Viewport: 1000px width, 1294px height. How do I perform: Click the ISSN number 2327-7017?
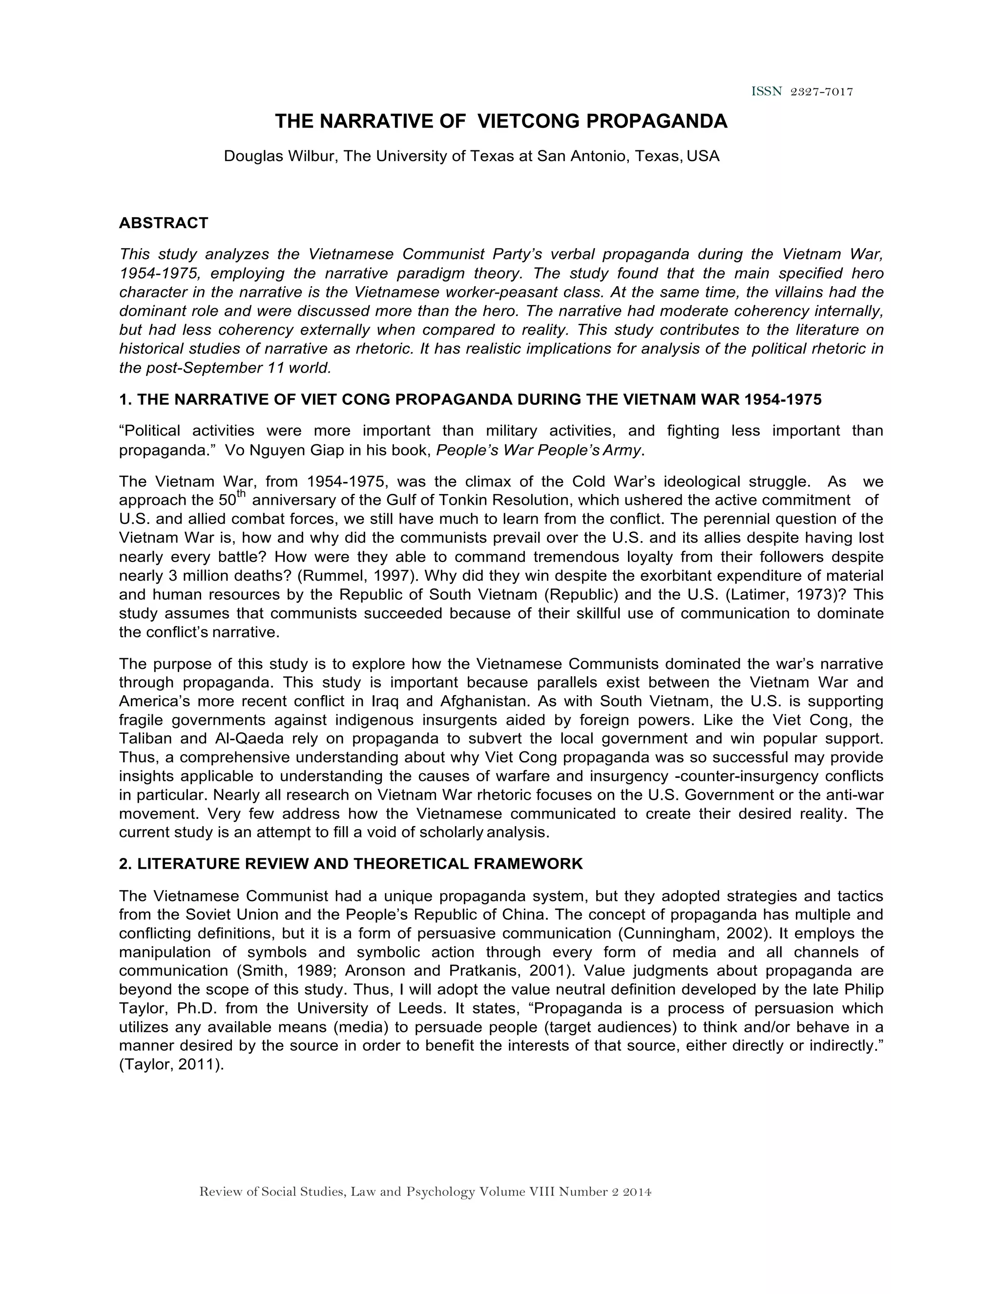pyautogui.click(x=822, y=92)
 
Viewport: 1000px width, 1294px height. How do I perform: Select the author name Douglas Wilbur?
pyautogui.click(x=278, y=156)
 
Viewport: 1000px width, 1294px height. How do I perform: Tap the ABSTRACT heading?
pyautogui.click(x=164, y=223)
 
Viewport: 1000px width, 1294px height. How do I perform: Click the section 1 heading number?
pyautogui.click(x=125, y=400)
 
